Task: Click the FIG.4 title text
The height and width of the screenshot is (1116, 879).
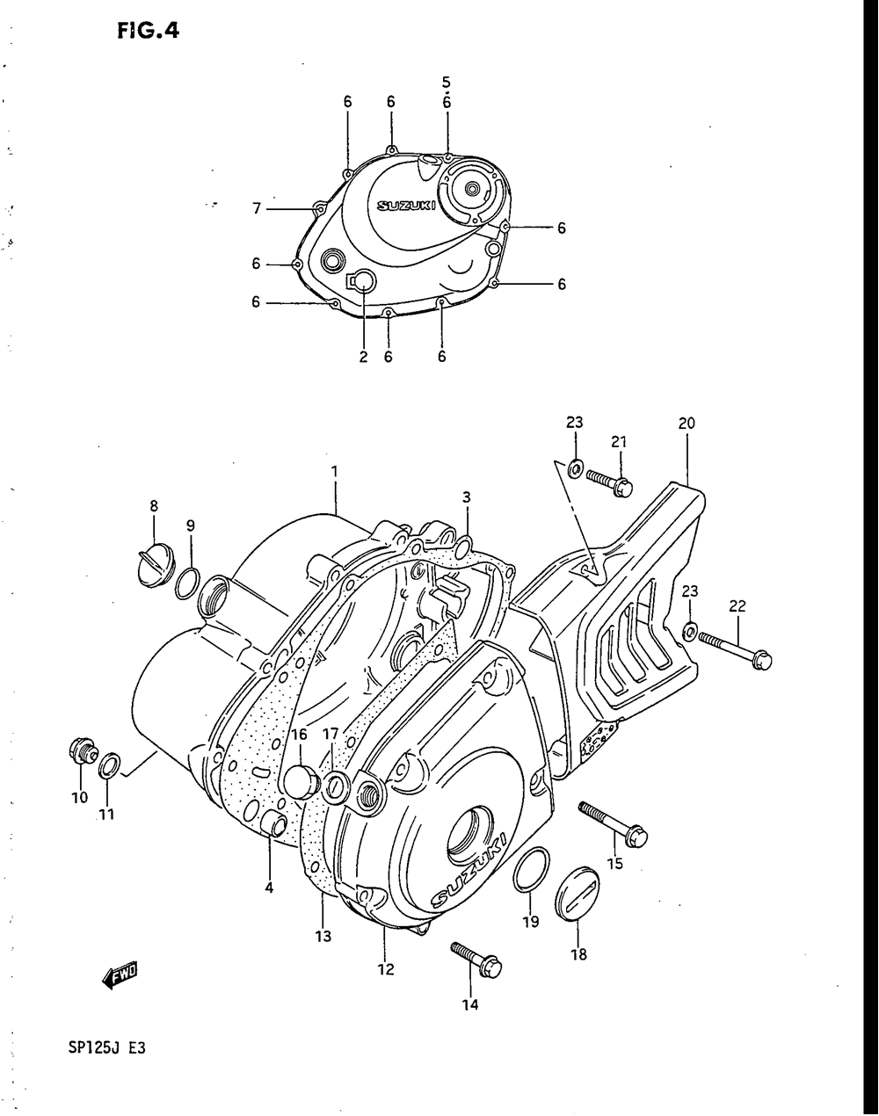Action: point(148,31)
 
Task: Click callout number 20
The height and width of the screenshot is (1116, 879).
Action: point(686,423)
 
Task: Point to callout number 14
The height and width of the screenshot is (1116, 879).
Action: point(470,1004)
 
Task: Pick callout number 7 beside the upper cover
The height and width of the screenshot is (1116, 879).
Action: point(256,208)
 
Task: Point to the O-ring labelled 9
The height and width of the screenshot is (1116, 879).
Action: point(185,582)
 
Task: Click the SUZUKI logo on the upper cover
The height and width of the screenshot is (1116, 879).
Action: point(406,207)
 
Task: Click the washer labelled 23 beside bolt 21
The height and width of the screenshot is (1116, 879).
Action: point(574,468)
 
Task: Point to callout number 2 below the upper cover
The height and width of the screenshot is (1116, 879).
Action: point(363,357)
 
